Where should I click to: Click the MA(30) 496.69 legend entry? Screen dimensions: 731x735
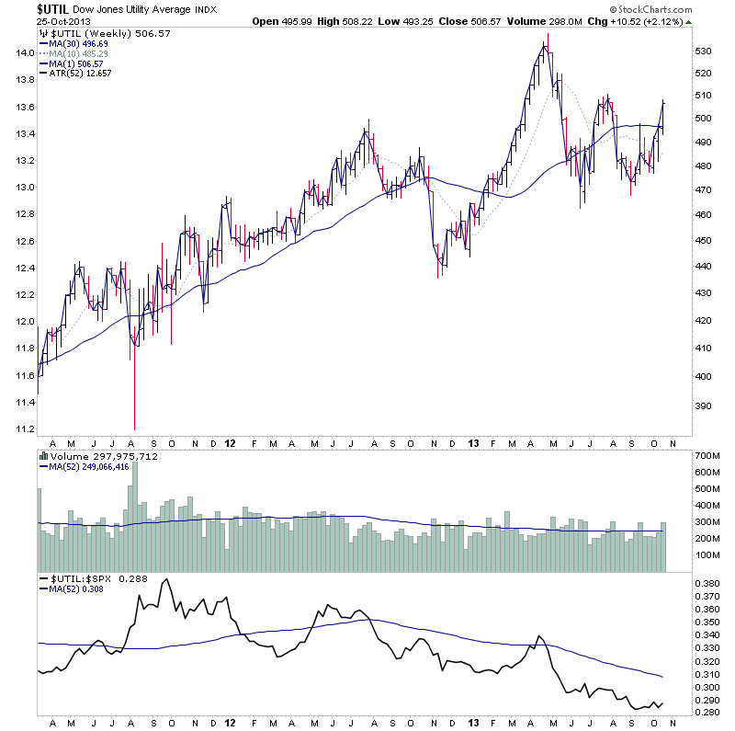point(82,43)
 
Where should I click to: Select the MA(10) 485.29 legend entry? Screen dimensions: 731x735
point(82,53)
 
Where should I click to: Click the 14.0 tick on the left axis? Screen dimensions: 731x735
point(23,53)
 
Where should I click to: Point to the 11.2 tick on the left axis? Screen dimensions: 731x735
point(23,429)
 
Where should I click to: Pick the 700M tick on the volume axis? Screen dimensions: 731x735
point(706,456)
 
